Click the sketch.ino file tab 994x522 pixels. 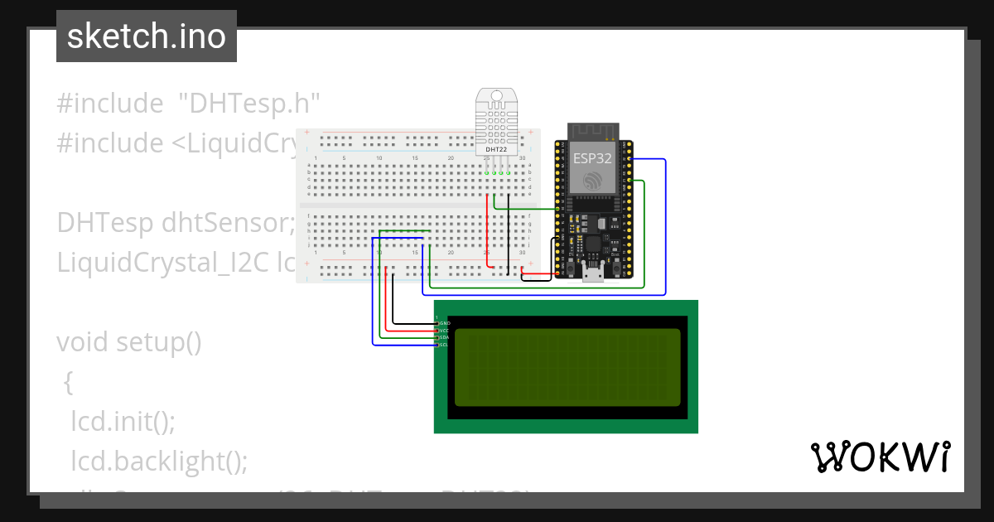coord(146,36)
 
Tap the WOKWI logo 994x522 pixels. coord(880,457)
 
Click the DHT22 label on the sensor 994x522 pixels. coord(497,148)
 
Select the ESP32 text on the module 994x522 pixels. coord(592,158)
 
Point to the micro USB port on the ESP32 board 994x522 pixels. coord(593,274)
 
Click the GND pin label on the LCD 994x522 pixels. coord(444,322)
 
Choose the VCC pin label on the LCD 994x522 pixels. coord(444,330)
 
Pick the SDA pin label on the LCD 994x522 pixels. coord(444,337)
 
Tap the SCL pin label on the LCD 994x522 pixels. coord(444,345)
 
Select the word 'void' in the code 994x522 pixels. coord(83,341)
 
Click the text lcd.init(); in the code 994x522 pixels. coord(123,420)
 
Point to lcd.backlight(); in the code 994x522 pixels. coord(159,460)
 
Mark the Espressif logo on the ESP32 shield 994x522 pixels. coord(592,180)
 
